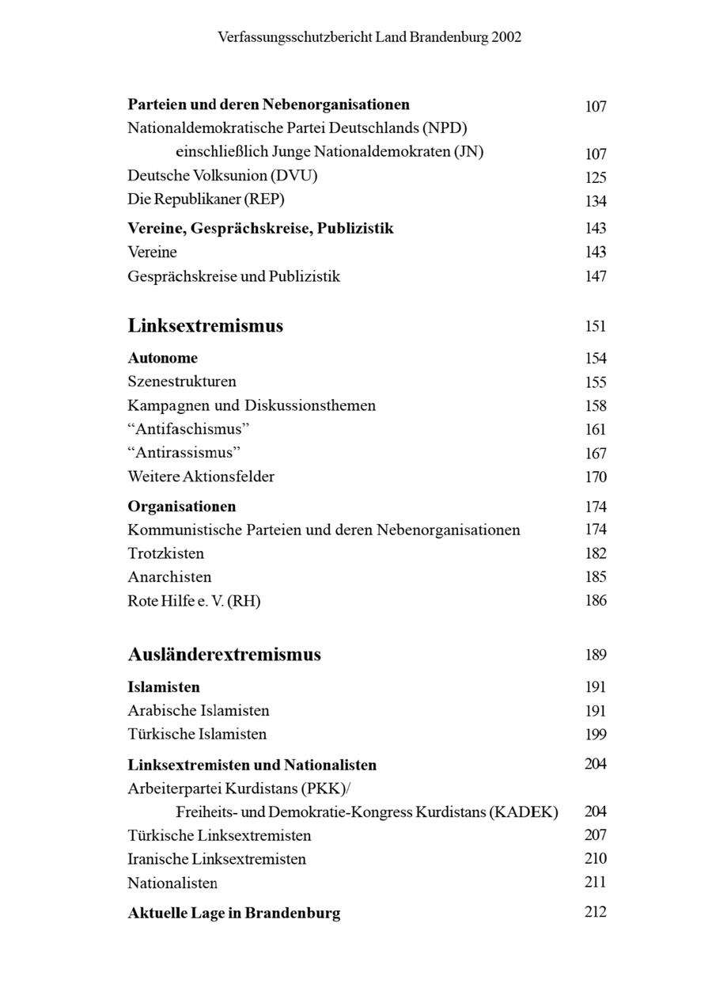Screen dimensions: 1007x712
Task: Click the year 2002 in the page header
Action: click(x=506, y=37)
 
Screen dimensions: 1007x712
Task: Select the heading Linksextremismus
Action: click(x=205, y=326)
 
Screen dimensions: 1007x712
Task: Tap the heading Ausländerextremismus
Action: click(x=224, y=655)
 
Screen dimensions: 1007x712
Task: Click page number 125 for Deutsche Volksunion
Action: click(x=596, y=177)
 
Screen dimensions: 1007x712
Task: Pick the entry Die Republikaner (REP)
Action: click(x=206, y=199)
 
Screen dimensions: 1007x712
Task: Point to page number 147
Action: click(x=596, y=276)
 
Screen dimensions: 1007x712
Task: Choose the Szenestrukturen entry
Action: click(x=182, y=382)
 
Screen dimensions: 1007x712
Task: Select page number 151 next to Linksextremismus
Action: click(x=596, y=326)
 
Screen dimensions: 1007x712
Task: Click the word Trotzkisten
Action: click(x=165, y=553)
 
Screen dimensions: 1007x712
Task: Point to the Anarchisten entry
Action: click(x=169, y=577)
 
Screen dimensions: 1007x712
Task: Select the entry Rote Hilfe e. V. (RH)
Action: click(x=194, y=601)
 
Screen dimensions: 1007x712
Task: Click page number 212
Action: click(x=596, y=912)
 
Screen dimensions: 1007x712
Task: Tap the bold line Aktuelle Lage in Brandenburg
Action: click(x=234, y=913)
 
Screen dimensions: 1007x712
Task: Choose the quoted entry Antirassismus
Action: click(x=184, y=453)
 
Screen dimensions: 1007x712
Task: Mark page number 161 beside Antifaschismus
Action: click(x=596, y=430)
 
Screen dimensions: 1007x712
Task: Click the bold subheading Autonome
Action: click(x=162, y=358)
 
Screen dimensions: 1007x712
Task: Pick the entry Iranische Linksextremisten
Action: click(x=217, y=859)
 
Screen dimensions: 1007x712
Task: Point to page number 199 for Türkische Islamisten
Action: click(x=596, y=735)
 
